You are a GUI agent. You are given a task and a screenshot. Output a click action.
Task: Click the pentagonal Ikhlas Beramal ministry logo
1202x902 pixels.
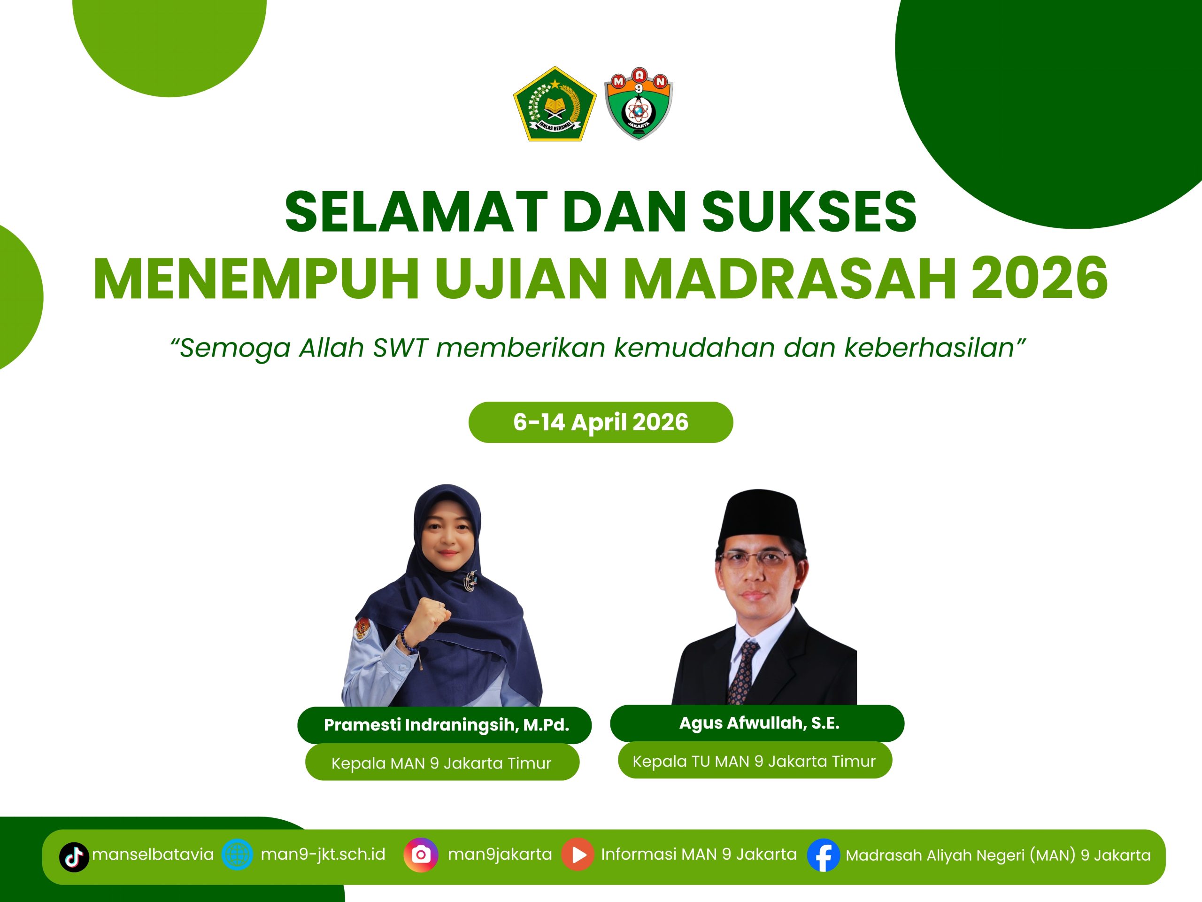click(x=555, y=105)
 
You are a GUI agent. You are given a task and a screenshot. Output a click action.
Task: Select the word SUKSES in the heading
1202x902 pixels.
click(x=809, y=211)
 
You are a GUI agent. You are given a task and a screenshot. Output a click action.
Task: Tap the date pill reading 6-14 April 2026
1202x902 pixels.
click(x=601, y=422)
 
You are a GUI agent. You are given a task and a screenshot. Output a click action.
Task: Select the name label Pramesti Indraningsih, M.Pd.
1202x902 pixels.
click(x=446, y=725)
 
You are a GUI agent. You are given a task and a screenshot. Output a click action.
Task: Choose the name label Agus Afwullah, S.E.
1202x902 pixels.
click(x=759, y=723)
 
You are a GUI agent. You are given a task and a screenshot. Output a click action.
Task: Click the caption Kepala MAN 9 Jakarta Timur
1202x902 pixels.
click(x=441, y=763)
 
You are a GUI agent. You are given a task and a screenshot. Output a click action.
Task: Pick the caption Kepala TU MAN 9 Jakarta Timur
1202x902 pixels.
click(x=754, y=761)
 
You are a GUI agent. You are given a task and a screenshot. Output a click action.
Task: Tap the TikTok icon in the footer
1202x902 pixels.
click(x=74, y=857)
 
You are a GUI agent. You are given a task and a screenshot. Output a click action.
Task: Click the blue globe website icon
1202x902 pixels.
click(x=237, y=855)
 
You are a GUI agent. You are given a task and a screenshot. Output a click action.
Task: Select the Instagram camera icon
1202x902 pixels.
click(x=421, y=855)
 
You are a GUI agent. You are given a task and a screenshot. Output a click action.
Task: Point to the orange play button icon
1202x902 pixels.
click(x=578, y=855)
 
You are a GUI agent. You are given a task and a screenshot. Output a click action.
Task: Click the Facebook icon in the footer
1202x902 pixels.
click(x=823, y=856)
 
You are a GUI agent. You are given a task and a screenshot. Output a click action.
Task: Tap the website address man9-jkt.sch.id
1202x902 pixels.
click(x=323, y=854)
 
